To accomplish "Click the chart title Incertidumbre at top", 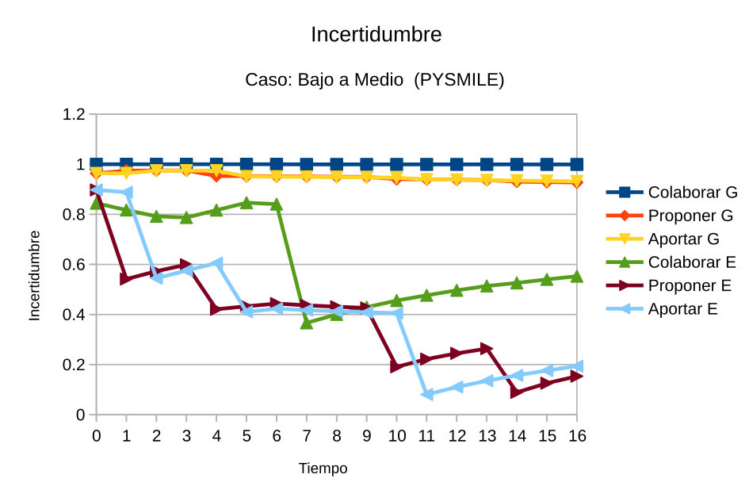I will [376, 35].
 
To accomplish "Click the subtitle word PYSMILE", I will [460, 80].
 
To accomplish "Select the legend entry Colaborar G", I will [692, 192].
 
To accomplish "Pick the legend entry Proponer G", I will [690, 216].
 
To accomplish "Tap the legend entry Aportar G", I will [683, 239].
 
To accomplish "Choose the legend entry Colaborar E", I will [691, 262].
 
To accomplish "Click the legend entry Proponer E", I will [690, 285].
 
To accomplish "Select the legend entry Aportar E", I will [682, 309].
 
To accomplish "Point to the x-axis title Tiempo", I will [323, 468].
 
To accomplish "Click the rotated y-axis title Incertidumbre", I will [35, 275].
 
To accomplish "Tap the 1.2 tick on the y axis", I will [74, 115].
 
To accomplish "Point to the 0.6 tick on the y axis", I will [74, 265].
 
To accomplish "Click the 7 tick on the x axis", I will [307, 436].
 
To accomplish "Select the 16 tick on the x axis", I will [576, 436].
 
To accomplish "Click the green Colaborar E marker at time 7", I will [307, 323].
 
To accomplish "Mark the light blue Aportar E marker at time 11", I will [426, 394].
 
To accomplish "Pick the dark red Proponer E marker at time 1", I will [126, 279].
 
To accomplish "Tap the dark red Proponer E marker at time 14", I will [517, 392].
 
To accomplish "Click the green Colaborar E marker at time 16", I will [577, 276].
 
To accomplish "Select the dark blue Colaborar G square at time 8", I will [337, 164].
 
